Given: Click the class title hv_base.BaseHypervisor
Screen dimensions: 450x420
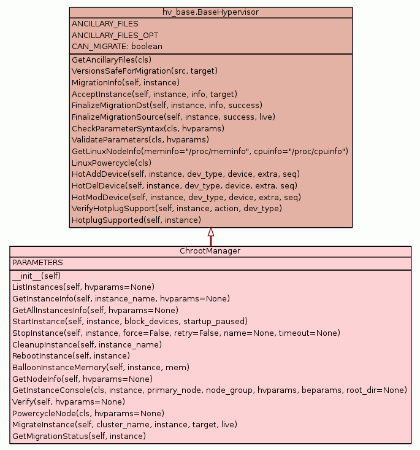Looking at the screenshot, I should pyautogui.click(x=210, y=12).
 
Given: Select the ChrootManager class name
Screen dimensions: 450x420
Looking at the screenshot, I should pyautogui.click(x=210, y=251).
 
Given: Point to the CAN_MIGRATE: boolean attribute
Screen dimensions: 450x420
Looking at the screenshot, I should pyautogui.click(x=117, y=46).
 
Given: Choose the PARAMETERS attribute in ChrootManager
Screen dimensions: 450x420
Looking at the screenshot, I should pyautogui.click(x=37, y=262).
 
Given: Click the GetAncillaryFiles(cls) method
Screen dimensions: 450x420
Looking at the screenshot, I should pyautogui.click(x=112, y=60).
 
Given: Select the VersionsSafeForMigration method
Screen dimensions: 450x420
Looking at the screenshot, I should pyautogui.click(x=145, y=71).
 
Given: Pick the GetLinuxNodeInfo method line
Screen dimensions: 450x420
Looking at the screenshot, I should pyautogui.click(x=210, y=151).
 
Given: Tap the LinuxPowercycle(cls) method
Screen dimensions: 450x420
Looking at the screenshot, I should pyautogui.click(x=112, y=163).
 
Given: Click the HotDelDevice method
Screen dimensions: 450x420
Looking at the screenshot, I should pyautogui.click(x=185, y=185).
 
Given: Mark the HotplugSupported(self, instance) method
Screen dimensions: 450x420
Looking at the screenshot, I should pyautogui.click(x=136, y=220).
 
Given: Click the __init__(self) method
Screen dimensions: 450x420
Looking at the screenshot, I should pyautogui.click(x=36, y=276).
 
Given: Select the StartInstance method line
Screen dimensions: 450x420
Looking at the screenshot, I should pyautogui.click(x=129, y=321).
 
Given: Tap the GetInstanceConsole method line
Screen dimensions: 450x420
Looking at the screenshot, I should pyautogui.click(x=209, y=390).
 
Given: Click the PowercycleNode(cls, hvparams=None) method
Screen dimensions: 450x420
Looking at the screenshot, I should pyautogui.click(x=88, y=413).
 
